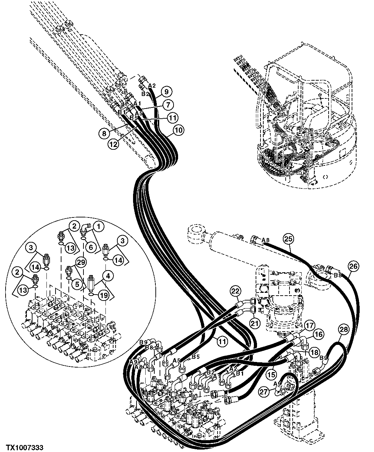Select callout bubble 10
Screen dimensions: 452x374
tap(178, 131)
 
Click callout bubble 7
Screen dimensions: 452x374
tap(168, 104)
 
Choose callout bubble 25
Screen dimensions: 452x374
tap(288, 239)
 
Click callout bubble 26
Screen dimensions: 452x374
tap(353, 266)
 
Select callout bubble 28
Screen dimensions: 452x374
tap(344, 328)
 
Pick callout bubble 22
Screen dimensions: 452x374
tap(235, 290)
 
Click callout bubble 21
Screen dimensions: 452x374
tap(255, 323)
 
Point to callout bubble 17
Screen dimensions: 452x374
tap(308, 325)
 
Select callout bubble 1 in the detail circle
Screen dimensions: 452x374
tap(99, 226)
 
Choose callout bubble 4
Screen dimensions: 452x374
tap(108, 276)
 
